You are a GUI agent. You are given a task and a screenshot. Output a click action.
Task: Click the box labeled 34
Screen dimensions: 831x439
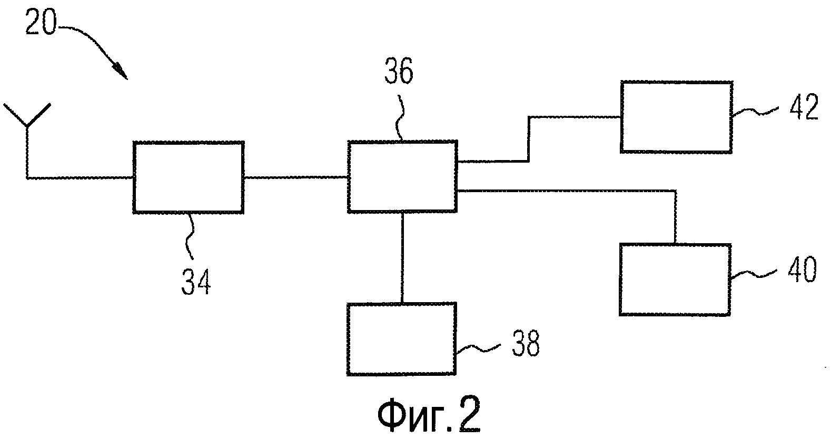click(x=189, y=177)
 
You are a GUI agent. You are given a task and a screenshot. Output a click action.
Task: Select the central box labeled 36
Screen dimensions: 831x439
click(x=402, y=176)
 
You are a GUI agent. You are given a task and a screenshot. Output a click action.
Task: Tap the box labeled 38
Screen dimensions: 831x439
click(x=401, y=340)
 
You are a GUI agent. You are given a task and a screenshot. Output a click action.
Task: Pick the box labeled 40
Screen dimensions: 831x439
click(x=675, y=280)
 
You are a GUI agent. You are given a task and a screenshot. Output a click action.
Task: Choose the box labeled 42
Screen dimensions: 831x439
click(x=676, y=117)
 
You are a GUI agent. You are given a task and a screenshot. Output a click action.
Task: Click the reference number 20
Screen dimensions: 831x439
click(x=41, y=23)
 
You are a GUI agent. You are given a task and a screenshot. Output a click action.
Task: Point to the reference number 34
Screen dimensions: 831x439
click(x=196, y=282)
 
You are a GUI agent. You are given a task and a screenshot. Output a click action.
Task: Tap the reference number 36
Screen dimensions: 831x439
click(x=399, y=72)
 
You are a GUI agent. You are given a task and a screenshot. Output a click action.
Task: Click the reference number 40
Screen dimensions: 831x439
click(x=802, y=270)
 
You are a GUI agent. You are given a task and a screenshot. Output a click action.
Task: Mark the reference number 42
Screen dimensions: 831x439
click(x=804, y=107)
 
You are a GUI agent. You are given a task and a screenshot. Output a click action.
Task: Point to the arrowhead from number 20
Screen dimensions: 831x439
click(x=121, y=72)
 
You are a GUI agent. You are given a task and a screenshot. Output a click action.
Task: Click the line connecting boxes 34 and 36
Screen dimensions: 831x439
click(x=295, y=177)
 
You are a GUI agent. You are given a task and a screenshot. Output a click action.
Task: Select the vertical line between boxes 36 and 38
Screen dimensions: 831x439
click(x=402, y=258)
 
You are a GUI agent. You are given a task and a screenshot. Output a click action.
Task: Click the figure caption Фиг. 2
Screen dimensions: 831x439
click(x=429, y=416)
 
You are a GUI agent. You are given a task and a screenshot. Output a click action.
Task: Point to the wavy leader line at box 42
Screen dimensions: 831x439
click(x=755, y=111)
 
